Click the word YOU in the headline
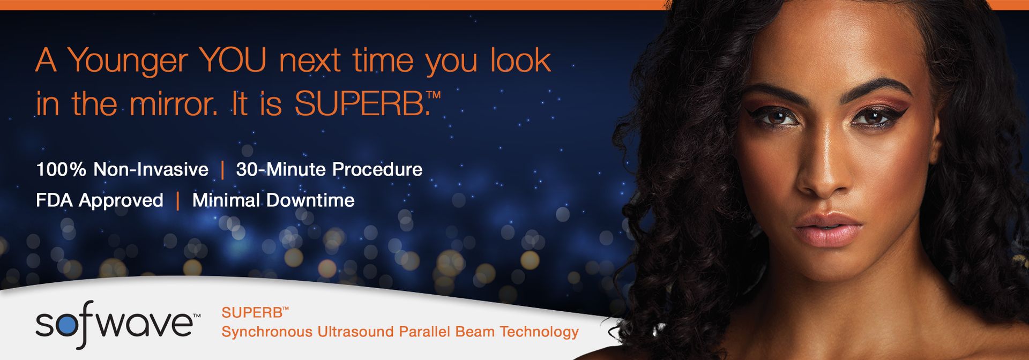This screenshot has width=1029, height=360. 233,60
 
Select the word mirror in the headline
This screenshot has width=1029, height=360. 173,103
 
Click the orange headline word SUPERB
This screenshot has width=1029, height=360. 360,103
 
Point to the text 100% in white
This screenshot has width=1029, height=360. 61,169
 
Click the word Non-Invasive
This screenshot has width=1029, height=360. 151,169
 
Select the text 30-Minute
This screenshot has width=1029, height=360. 280,169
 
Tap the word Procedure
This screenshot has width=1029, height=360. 377,169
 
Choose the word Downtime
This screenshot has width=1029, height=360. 310,200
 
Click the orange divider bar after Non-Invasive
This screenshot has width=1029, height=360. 222,170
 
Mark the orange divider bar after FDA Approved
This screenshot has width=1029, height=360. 177,201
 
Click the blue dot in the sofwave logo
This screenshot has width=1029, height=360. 68,325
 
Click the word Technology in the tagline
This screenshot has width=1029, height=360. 539,333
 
